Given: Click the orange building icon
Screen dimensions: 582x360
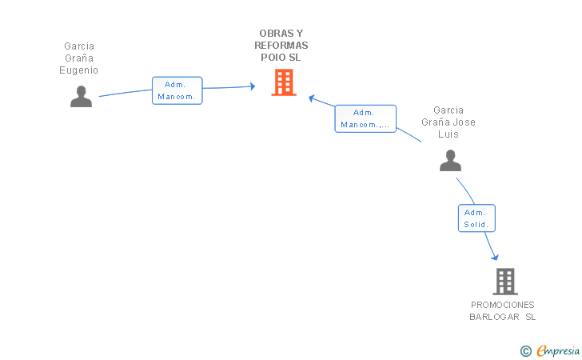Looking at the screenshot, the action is pos(284,82).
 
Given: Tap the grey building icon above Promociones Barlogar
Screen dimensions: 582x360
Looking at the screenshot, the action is pos(505,282).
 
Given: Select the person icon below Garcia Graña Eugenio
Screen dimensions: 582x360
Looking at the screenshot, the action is pos(81,97).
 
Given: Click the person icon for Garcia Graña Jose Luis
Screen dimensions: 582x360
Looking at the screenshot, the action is pos(450,161).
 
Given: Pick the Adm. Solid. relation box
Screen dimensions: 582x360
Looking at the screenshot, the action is pos(476,218).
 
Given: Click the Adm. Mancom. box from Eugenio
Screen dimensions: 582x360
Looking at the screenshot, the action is pos(177,90).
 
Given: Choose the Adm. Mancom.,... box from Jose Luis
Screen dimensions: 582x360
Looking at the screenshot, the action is pos(365,118).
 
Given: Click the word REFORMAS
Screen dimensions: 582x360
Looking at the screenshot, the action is pos(281,46).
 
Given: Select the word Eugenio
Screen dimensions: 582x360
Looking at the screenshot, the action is pos(78,70).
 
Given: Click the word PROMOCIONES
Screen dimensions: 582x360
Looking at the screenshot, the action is pos(503,305).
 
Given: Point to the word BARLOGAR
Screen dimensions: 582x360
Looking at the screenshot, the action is pos(494,317).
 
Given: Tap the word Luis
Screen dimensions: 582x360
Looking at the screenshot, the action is pos(448,134).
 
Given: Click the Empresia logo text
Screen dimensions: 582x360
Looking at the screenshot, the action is pos(558,350).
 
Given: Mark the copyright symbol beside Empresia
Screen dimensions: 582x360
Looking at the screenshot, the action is pos(526,351).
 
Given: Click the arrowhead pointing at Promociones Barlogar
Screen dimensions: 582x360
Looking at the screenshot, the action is pos(495,257).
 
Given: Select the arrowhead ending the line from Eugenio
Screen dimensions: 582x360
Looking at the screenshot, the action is pos(253,86).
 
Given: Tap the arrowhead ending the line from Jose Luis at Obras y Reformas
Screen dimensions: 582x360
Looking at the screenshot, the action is pos(312,98).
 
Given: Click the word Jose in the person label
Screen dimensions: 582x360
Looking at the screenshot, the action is pos(466,122).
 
